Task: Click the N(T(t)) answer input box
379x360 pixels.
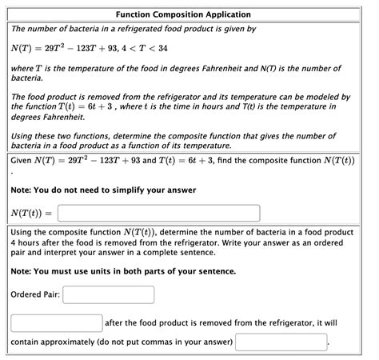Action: [x=159, y=214]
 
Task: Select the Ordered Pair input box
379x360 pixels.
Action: [x=108, y=294]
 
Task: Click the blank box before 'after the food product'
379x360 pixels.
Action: [x=56, y=323]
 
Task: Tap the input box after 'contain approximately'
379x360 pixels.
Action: [x=281, y=342]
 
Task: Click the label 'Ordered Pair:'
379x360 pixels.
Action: [x=34, y=294]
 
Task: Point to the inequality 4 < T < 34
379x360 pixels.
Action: [x=149, y=49]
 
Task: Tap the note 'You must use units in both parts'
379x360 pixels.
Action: [x=124, y=271]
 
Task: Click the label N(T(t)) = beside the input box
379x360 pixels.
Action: [x=32, y=214]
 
